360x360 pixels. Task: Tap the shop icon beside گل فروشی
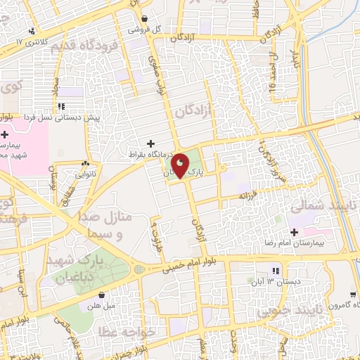click(x=144, y=19)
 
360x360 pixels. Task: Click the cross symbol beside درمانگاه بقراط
click(x=150, y=143)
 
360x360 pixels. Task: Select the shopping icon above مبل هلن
click(x=103, y=295)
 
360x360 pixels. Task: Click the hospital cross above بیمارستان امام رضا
click(x=293, y=233)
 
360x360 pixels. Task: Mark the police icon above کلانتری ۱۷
click(x=32, y=31)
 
